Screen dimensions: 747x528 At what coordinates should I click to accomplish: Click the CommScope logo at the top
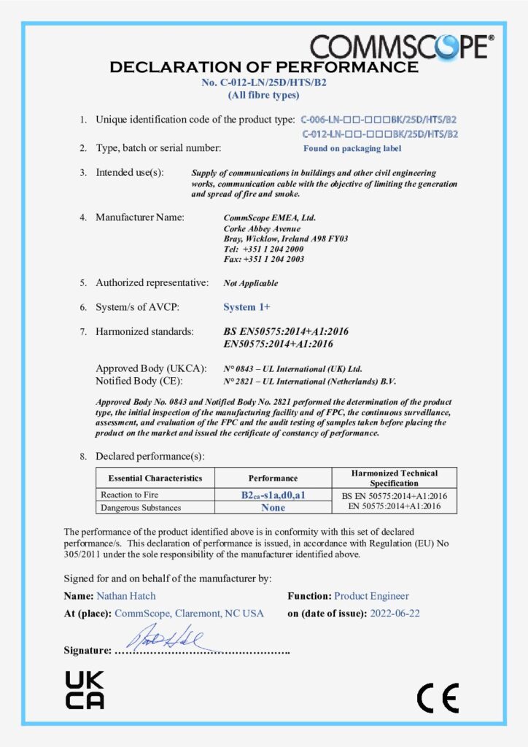(402, 46)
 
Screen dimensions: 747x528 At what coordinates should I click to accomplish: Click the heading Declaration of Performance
(263, 68)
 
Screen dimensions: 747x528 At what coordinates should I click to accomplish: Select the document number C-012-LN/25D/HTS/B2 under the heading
(263, 82)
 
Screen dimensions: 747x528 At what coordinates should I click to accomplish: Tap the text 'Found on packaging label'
(352, 148)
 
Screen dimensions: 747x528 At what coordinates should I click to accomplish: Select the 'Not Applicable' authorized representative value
(250, 283)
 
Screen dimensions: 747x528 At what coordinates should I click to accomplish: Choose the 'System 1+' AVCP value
(246, 307)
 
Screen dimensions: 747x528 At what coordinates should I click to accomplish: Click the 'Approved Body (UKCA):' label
(151, 368)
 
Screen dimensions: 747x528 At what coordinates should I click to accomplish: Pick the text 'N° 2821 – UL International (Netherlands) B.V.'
(310, 381)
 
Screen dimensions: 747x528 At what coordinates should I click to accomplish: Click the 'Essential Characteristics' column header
(155, 479)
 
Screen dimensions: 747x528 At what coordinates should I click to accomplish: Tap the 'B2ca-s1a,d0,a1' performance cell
(273, 495)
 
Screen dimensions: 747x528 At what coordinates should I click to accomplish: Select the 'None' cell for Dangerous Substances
(273, 508)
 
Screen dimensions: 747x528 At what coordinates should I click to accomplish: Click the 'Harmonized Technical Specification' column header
(394, 478)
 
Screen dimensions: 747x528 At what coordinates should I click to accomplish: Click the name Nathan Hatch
(131, 596)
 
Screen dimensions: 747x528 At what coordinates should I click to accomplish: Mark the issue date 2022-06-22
(395, 614)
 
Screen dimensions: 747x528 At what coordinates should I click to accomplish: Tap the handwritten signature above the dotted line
(170, 638)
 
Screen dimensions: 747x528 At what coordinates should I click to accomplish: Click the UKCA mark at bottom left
(85, 689)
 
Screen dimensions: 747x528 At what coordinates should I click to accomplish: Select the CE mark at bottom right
(438, 698)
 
